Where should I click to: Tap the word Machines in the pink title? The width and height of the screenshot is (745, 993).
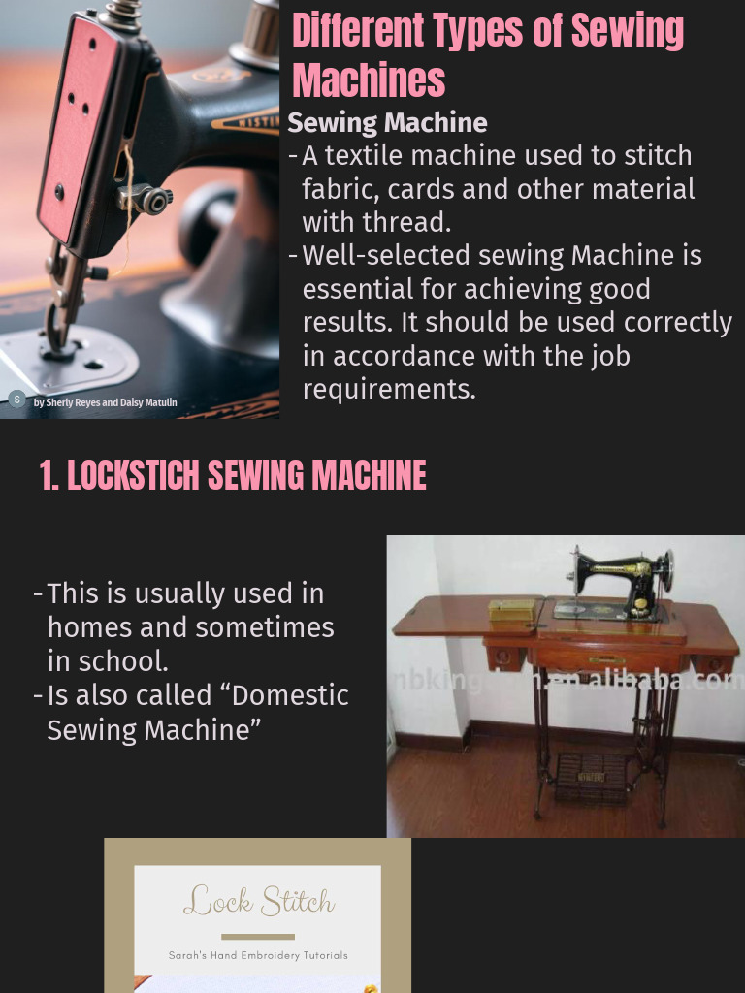tap(369, 80)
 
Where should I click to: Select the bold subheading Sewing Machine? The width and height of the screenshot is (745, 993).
tap(387, 123)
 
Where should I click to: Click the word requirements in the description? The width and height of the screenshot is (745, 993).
tap(388, 390)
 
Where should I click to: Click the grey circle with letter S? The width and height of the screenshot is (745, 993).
tap(16, 399)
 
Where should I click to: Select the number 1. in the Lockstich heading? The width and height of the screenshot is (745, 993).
tap(49, 476)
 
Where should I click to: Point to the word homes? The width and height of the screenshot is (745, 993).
tap(90, 627)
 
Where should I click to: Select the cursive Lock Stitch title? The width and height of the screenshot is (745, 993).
tap(258, 903)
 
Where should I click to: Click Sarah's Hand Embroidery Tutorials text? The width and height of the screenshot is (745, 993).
tap(258, 955)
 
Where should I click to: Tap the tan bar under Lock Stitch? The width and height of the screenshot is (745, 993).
tap(258, 937)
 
